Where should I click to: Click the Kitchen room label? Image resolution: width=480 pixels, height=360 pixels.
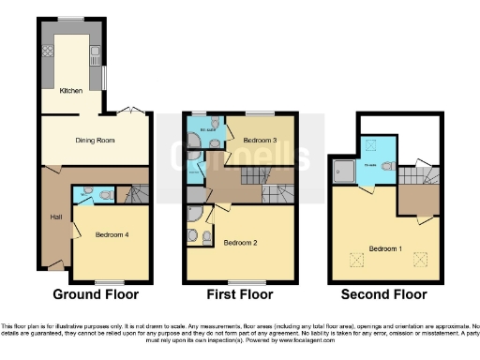[x=71, y=91]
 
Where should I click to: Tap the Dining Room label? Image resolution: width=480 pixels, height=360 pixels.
[x=94, y=139]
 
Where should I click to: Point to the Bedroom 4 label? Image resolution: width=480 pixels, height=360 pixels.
[x=112, y=234]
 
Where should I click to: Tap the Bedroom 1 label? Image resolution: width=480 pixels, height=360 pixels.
[x=386, y=248]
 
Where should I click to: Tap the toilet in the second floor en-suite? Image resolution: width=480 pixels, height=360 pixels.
[x=388, y=170]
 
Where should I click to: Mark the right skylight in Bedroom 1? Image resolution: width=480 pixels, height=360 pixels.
[x=418, y=259]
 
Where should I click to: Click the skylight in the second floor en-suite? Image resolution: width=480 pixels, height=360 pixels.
[x=369, y=145]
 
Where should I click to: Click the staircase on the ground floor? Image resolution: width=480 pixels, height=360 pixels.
[x=137, y=194]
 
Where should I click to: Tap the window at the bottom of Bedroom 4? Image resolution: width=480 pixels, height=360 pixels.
[x=111, y=281]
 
